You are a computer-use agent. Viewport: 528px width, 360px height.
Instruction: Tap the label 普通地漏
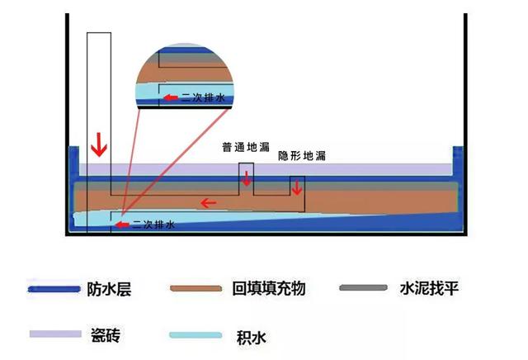click(x=245, y=148)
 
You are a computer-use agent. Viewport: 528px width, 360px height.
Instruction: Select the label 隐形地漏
click(x=300, y=155)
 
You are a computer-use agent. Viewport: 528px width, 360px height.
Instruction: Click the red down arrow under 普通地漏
click(x=246, y=179)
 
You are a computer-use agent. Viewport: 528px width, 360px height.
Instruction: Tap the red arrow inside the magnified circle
click(x=171, y=97)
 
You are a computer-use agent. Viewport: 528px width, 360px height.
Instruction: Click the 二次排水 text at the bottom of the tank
click(x=154, y=224)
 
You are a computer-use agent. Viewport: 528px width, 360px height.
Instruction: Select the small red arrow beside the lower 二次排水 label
click(x=123, y=224)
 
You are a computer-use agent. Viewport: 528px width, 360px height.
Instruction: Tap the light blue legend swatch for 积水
click(x=195, y=335)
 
